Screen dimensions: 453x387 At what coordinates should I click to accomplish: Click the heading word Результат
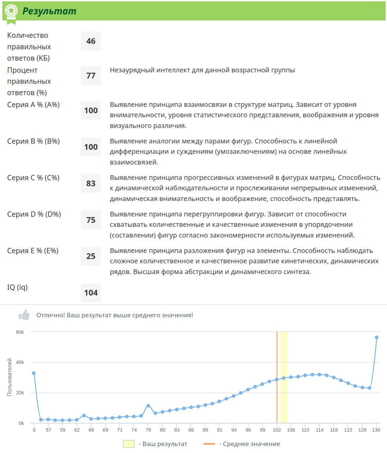pyautogui.click(x=49, y=11)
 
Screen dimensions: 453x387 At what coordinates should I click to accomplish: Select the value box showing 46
pyautogui.click(x=91, y=41)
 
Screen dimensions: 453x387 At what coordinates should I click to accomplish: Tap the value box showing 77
pyautogui.click(x=91, y=75)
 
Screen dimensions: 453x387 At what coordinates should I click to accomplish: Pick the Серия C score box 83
pyautogui.click(x=91, y=183)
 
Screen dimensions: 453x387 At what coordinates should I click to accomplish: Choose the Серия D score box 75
pyautogui.click(x=91, y=220)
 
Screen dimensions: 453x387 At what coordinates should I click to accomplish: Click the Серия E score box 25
pyautogui.click(x=91, y=256)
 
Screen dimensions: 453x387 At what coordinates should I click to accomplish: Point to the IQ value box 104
pyautogui.click(x=91, y=293)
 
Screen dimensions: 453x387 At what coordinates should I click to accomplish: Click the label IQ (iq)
pyautogui.click(x=17, y=287)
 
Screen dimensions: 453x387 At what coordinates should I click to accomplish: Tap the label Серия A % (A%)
pyautogui.click(x=34, y=105)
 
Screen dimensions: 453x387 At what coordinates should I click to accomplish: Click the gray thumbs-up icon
pyautogui.click(x=24, y=315)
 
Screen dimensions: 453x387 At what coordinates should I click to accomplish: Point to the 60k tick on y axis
pyautogui.click(x=20, y=332)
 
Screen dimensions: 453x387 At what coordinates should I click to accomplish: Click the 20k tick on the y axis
pyautogui.click(x=20, y=393)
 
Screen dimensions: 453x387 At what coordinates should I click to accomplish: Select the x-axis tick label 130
pyautogui.click(x=376, y=430)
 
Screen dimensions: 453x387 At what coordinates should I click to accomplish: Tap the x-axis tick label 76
pyautogui.click(x=148, y=430)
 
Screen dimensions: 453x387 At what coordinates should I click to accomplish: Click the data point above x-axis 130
pyautogui.click(x=377, y=338)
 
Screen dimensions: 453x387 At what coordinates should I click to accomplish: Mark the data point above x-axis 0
pyautogui.click(x=34, y=373)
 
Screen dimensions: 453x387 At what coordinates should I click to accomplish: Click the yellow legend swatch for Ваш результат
pyautogui.click(x=129, y=444)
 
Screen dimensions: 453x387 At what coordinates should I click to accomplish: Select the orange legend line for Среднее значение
pyautogui.click(x=209, y=444)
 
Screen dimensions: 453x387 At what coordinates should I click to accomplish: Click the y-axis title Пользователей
pyautogui.click(x=9, y=377)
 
